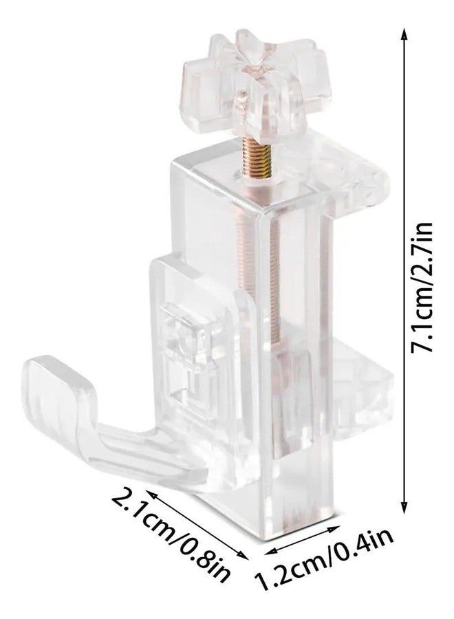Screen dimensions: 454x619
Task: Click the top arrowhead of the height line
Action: click(404, 36)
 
